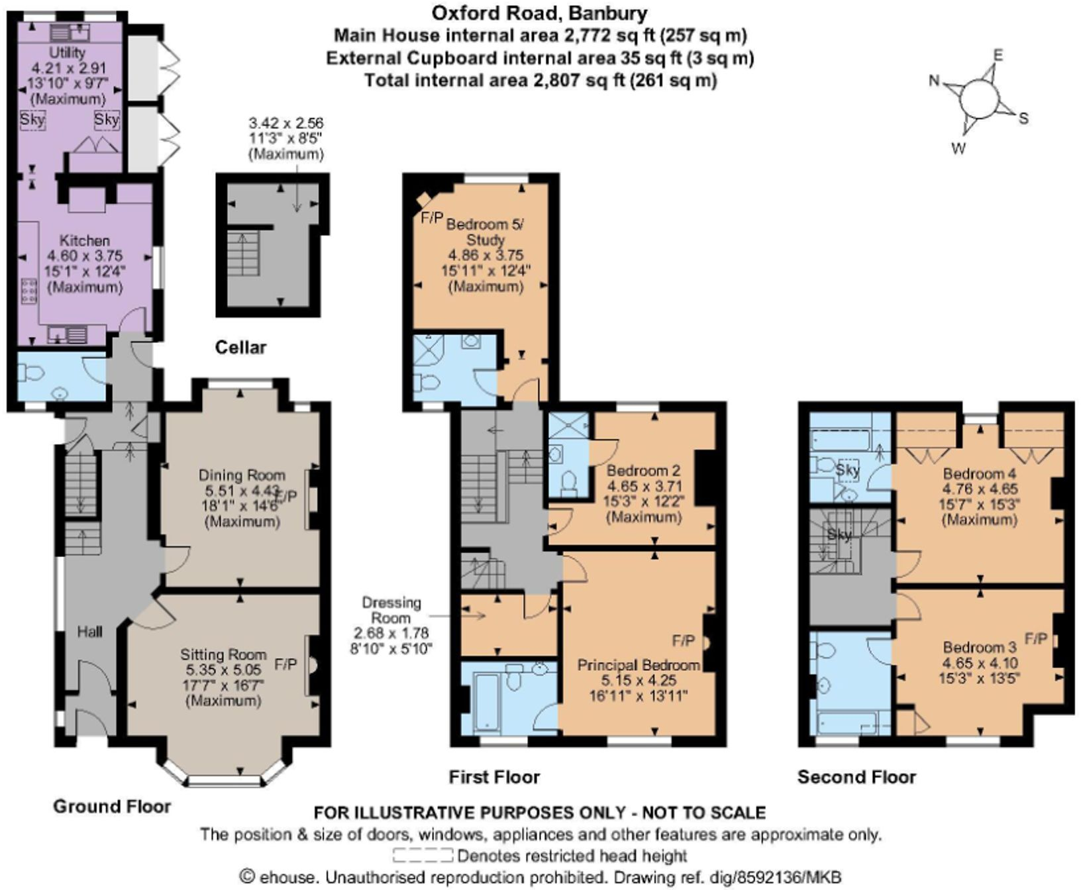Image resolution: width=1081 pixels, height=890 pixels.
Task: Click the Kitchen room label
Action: tap(84, 240)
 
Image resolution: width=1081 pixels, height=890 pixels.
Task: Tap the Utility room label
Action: tap(68, 52)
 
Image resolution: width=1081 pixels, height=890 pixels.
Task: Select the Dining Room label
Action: tap(242, 475)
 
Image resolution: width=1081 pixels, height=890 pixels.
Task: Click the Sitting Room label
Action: tap(223, 655)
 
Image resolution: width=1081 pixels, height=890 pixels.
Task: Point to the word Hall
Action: tap(89, 632)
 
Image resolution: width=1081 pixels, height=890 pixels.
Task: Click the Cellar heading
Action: tap(240, 348)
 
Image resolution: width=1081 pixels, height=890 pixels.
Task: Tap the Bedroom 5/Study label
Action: tap(485, 232)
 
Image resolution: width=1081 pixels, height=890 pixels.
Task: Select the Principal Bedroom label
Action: tap(639, 665)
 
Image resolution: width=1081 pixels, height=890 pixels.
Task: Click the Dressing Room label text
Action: tap(391, 610)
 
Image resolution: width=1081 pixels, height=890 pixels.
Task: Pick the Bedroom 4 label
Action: tap(979, 474)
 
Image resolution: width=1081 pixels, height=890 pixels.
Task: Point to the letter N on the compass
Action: tap(934, 81)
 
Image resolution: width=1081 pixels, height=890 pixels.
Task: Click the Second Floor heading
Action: tap(856, 777)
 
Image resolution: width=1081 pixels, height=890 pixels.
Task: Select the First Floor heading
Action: tap(494, 777)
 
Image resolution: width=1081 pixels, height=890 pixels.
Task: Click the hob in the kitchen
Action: tap(29, 291)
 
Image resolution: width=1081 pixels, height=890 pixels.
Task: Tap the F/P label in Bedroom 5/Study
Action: tap(432, 217)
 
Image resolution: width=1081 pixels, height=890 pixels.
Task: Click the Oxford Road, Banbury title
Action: tap(539, 13)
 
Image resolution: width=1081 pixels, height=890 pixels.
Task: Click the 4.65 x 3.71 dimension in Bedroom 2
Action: tap(644, 487)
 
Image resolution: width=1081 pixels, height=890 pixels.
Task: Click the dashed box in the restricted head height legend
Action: tap(423, 856)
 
